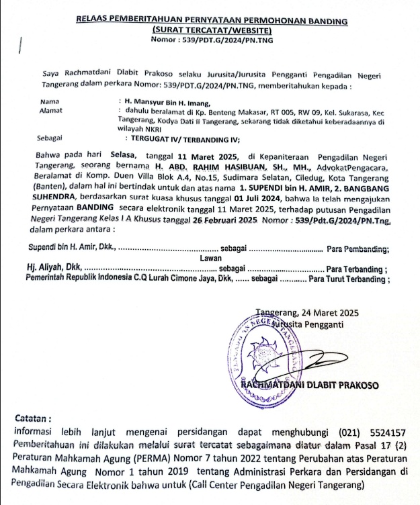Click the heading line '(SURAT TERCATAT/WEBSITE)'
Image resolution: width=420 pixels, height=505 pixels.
(212, 31)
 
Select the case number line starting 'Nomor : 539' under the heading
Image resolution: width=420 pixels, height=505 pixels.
(212, 40)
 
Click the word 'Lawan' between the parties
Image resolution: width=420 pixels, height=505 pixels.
(210, 258)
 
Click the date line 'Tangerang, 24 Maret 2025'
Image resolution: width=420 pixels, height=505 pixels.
(308, 312)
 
